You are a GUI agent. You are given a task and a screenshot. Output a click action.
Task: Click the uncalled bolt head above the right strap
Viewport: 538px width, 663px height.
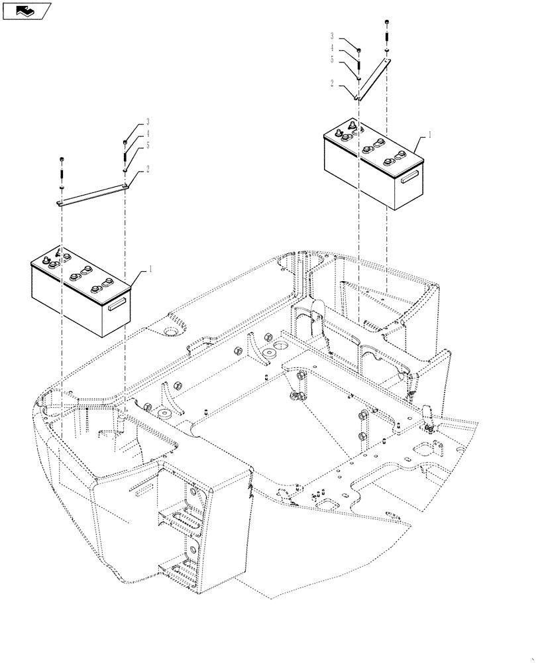(x=386, y=25)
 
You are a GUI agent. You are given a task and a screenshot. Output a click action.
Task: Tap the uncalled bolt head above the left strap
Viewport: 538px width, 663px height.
(x=62, y=159)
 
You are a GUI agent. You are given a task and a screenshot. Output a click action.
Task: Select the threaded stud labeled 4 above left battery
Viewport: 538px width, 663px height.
(x=125, y=156)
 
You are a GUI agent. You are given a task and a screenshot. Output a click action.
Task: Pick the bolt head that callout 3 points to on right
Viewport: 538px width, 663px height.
(x=358, y=50)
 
